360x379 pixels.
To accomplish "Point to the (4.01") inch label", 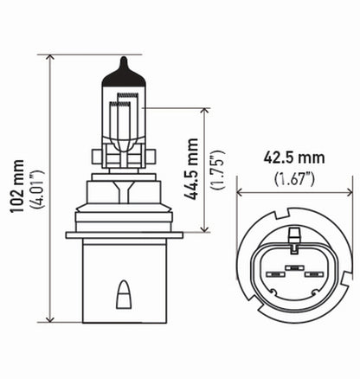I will tap(34, 185).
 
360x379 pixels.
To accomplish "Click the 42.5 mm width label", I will tap(293, 158).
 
